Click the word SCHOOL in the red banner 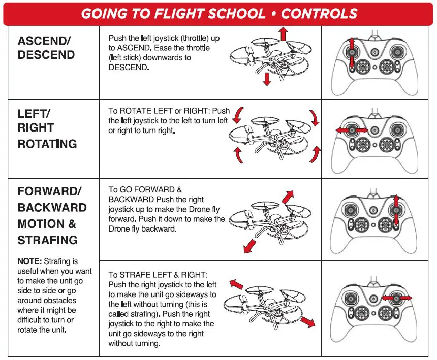(x=235, y=14)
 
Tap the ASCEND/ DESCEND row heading (x=46, y=48)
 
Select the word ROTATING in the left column (x=47, y=144)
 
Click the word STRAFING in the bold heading (x=47, y=240)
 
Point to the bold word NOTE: (x=32, y=261)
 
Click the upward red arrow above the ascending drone (x=284, y=34)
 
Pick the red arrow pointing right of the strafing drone (x=306, y=322)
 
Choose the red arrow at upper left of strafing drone (x=236, y=284)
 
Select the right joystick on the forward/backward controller (x=395, y=209)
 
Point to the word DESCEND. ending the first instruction (x=129, y=68)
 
